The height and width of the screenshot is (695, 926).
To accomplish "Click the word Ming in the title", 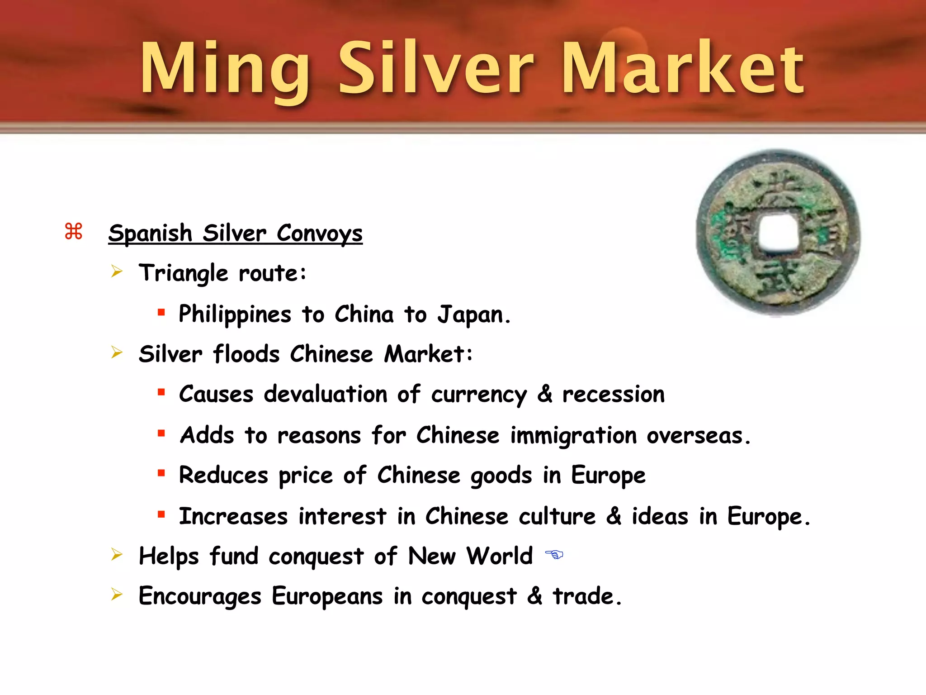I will pos(225,69).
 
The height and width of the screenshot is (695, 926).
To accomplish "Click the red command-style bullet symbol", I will pos(74,231).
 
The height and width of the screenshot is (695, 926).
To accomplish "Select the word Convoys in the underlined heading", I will pos(319,233).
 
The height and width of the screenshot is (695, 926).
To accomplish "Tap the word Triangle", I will pos(184,273).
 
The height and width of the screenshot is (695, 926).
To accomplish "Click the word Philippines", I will pos(235,314).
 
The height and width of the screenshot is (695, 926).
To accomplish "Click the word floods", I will pos(246,354).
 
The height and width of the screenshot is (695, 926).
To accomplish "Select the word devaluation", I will pos(326,394).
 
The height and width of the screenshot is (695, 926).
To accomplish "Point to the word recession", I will pos(613,394).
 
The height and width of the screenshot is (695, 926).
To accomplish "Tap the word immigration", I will pos(573,436).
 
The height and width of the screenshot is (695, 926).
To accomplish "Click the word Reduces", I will pos(223,475).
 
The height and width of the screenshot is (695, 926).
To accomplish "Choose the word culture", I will pos(557,516).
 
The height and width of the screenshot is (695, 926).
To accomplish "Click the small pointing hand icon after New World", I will pos(554,554).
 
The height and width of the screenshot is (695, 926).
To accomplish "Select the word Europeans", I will pos(327,596).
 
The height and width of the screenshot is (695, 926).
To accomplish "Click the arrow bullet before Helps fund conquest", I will pos(117,554).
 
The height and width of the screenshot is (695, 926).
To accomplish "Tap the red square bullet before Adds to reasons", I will pos(161,433).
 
